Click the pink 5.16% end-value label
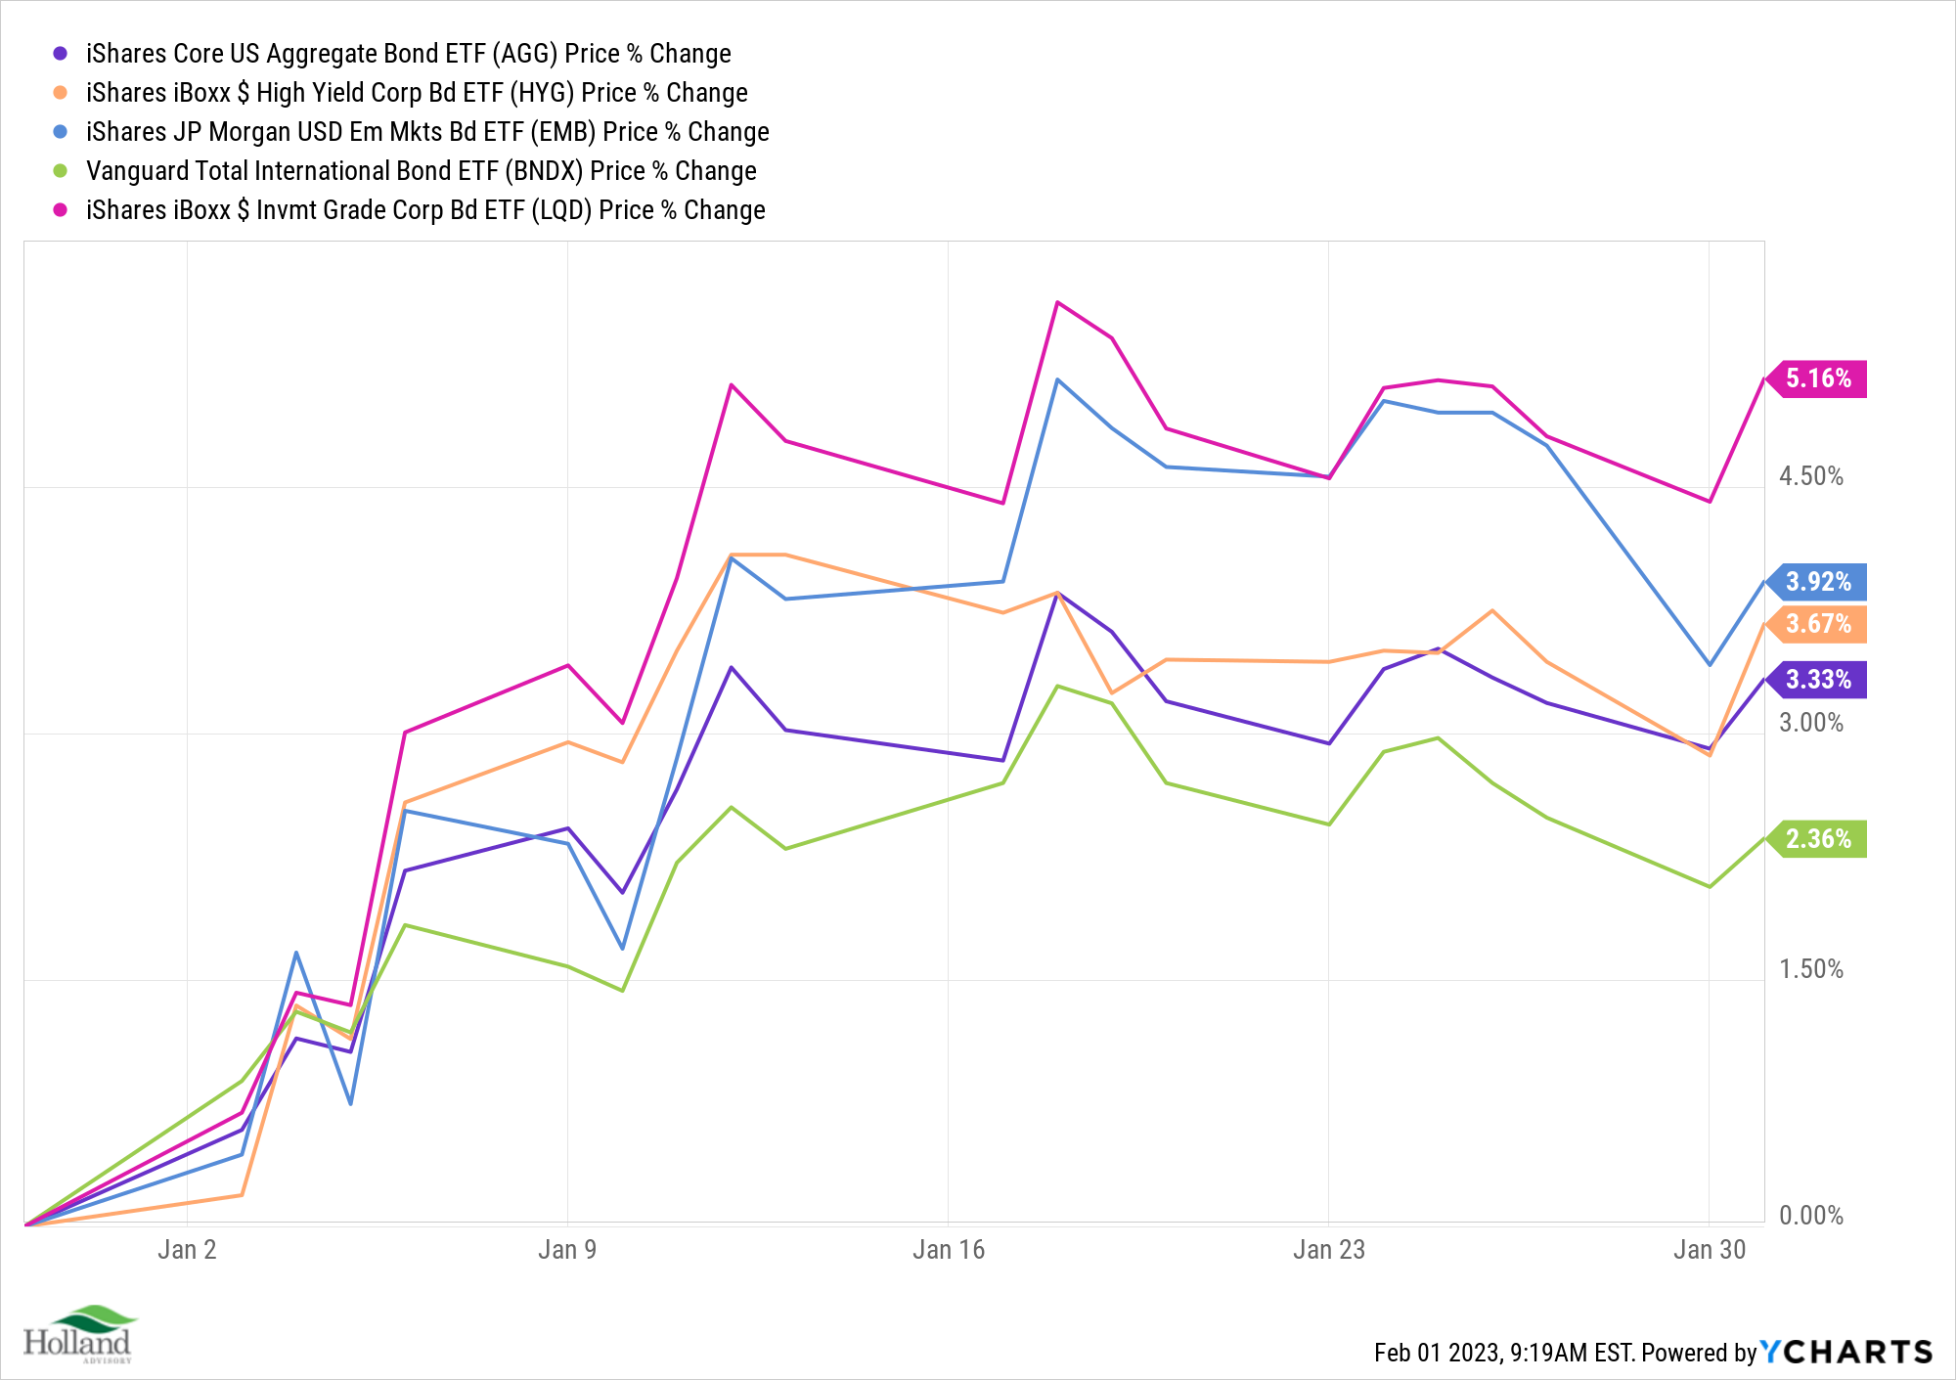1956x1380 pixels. [1818, 378]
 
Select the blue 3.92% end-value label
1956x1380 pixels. [1818, 582]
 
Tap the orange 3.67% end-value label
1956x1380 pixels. [1818, 624]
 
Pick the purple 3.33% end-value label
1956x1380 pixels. [1818, 680]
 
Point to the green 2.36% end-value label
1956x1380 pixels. [1818, 839]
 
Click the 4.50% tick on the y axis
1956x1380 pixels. [1810, 476]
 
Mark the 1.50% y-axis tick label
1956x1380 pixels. [1810, 969]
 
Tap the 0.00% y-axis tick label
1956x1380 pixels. [1810, 1216]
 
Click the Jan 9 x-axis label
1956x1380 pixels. [567, 1250]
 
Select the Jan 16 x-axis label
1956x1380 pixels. [948, 1250]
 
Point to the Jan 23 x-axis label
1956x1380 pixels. [1328, 1250]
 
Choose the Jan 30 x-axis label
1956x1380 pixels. [1709, 1250]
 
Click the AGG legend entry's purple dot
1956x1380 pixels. [61, 54]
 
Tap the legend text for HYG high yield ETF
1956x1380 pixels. [417, 93]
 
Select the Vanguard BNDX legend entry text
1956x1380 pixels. [421, 171]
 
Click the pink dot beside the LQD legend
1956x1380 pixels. [61, 210]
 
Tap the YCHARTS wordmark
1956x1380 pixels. [1846, 1352]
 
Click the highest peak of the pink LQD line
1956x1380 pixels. [1057, 303]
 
